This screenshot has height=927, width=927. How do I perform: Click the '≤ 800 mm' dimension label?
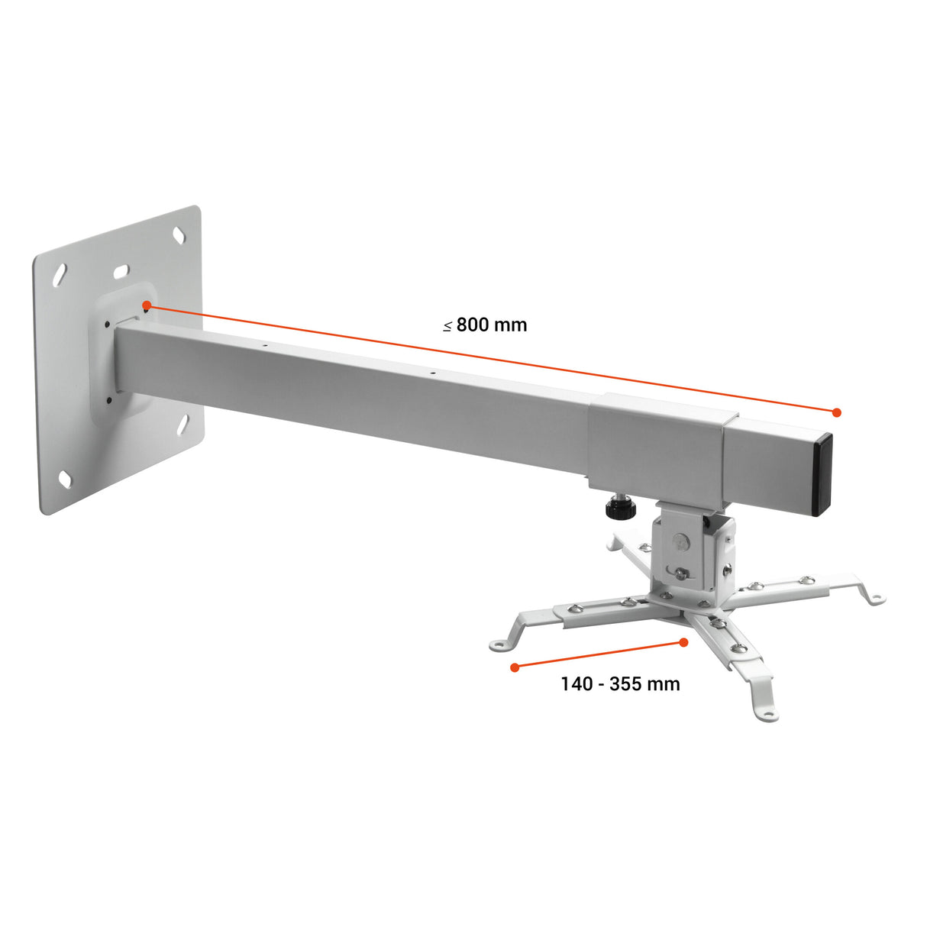485,325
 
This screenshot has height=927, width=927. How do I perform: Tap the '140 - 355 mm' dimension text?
620,683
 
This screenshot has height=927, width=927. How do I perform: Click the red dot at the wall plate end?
147,305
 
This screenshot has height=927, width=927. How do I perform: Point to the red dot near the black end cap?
836,412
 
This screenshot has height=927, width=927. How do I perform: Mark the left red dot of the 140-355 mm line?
515,667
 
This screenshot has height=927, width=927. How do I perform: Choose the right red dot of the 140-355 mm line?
683,642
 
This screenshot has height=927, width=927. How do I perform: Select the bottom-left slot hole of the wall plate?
65,480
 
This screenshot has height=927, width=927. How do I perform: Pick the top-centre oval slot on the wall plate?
121,271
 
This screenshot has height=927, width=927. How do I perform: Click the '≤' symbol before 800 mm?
447,326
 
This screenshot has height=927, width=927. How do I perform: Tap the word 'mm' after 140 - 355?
663,683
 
